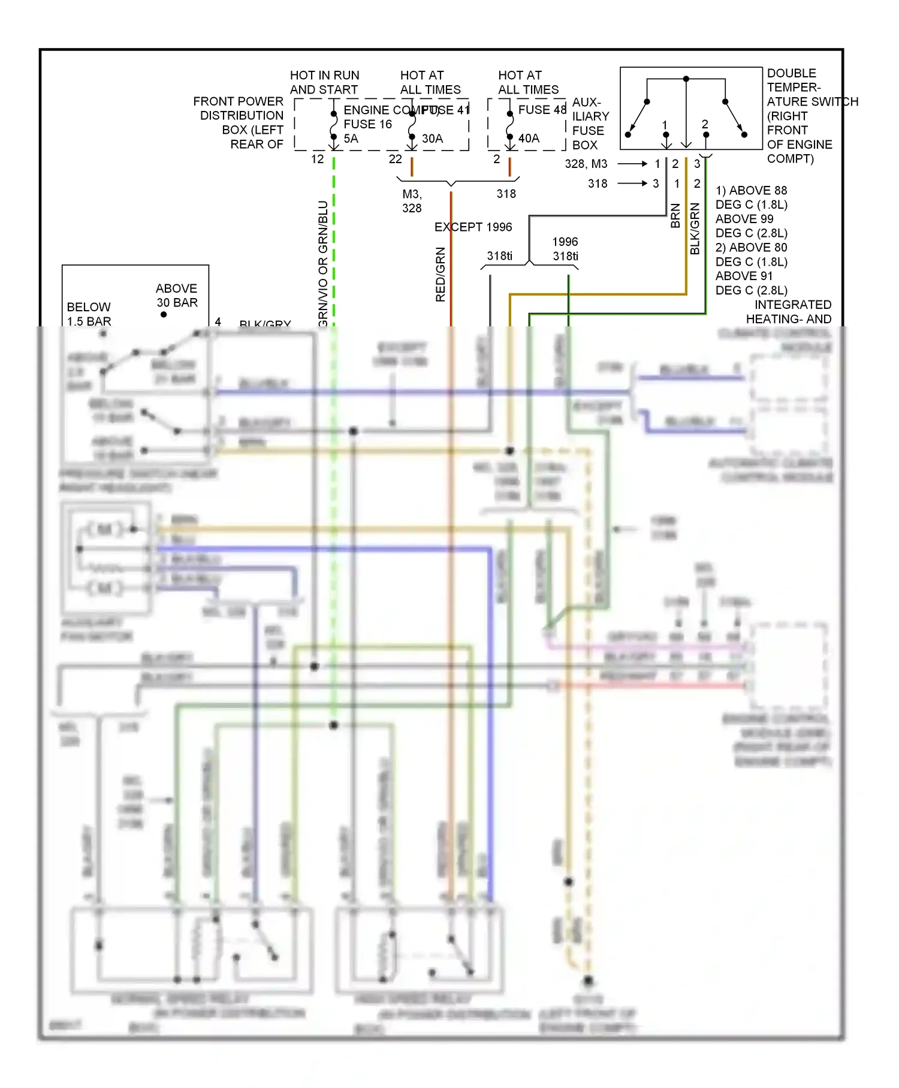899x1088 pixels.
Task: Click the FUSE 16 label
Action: point(367,124)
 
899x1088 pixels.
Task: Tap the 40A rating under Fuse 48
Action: point(529,139)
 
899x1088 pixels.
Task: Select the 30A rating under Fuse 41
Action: point(432,139)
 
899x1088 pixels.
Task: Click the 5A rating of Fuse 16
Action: point(351,139)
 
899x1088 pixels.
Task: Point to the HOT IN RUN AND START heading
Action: point(324,82)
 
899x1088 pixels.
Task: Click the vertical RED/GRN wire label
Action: point(441,274)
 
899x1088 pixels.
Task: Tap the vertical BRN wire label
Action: point(675,216)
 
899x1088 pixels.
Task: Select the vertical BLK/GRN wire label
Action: point(695,229)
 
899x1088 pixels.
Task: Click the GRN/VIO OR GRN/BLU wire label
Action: point(323,264)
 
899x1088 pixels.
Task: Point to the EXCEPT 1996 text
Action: point(473,227)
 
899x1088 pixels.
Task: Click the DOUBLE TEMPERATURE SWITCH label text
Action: point(803,116)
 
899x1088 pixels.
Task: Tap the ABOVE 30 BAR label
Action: point(177,296)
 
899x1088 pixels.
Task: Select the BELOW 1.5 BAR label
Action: point(89,314)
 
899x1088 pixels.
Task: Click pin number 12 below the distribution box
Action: point(317,159)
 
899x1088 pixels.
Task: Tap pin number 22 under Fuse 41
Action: point(395,159)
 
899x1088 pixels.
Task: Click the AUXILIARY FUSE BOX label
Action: point(590,124)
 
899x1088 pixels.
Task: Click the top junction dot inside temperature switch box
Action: point(686,79)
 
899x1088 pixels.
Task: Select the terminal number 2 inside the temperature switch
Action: point(705,124)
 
